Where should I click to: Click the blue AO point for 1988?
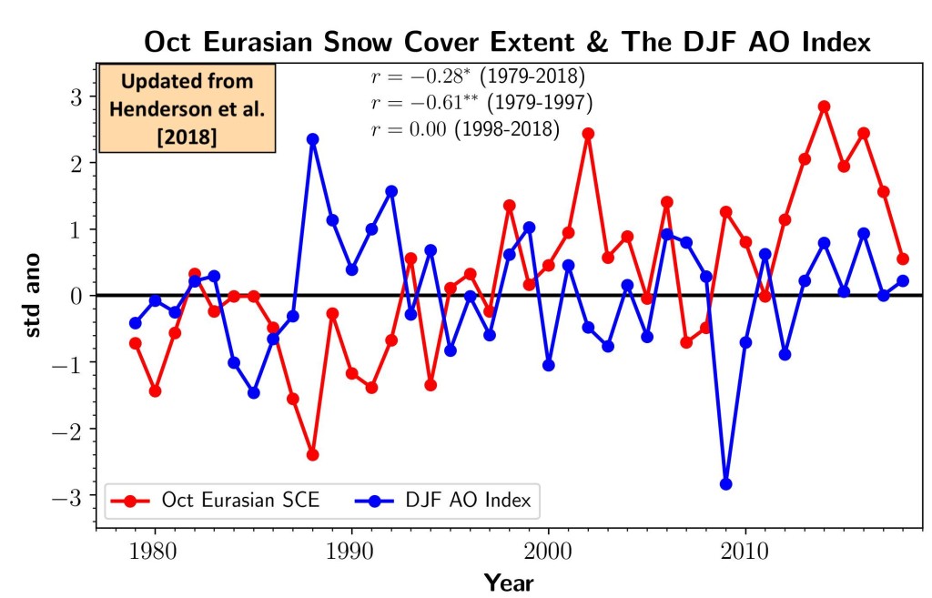click(313, 139)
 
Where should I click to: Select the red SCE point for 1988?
click(313, 455)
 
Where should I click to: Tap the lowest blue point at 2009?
click(725, 484)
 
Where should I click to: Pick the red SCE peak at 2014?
click(824, 107)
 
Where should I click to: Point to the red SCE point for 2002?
click(589, 134)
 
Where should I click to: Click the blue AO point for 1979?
click(136, 323)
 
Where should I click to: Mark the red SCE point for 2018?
click(903, 258)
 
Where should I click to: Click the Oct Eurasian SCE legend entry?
click(215, 500)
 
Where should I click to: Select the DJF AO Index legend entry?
click(443, 500)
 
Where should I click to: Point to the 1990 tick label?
click(350, 552)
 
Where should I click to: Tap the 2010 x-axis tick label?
click(745, 552)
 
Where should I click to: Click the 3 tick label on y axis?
click(76, 96)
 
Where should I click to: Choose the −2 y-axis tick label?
click(67, 430)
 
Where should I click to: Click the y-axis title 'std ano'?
click(32, 296)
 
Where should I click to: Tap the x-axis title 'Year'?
click(509, 583)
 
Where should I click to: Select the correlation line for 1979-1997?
click(481, 103)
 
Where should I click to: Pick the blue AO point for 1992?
click(391, 191)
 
